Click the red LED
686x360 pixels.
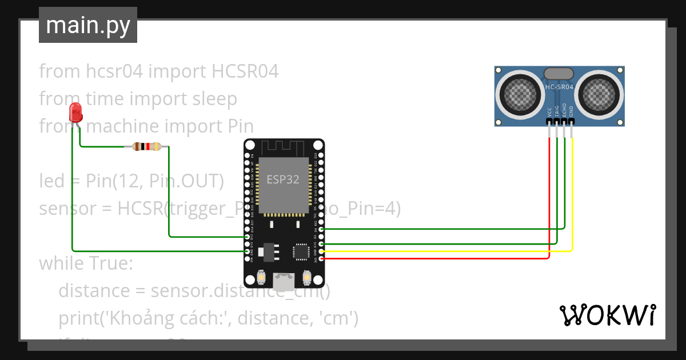click(75, 113)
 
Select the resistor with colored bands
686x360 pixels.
click(147, 147)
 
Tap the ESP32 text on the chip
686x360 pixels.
click(283, 179)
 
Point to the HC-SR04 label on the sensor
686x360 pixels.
click(559, 87)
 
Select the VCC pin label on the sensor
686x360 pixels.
click(550, 111)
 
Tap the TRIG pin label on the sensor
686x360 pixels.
click(557, 111)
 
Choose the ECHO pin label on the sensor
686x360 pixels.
click(564, 110)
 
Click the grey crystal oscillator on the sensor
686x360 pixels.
click(559, 73)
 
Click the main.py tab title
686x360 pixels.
click(87, 25)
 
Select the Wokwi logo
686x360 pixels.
click(607, 315)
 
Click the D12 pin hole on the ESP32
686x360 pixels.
click(248, 237)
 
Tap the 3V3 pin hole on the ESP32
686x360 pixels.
click(321, 259)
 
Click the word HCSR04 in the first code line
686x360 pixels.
click(245, 71)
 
